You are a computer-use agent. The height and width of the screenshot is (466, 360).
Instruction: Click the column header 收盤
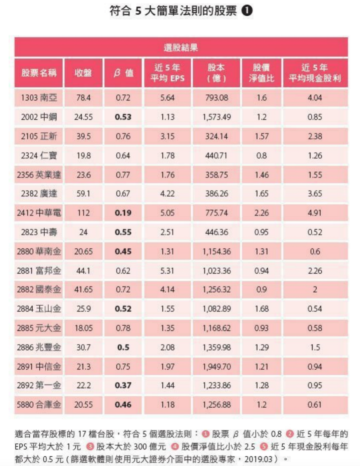click(83, 73)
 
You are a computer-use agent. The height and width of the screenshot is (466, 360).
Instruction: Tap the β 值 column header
click(123, 73)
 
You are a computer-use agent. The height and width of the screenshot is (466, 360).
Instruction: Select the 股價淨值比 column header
click(261, 73)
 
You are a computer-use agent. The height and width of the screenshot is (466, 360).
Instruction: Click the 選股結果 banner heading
click(181, 48)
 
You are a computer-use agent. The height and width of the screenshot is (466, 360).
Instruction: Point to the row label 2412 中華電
click(39, 213)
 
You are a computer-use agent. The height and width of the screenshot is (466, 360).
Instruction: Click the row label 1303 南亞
click(39, 98)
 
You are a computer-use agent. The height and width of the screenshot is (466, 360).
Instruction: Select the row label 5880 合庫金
click(39, 404)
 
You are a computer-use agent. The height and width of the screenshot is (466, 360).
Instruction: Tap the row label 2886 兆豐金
click(39, 347)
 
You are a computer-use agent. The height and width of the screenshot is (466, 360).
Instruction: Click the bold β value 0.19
click(123, 213)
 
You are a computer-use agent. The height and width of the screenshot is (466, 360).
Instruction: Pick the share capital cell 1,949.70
click(217, 366)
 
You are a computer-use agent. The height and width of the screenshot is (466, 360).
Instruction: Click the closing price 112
click(83, 213)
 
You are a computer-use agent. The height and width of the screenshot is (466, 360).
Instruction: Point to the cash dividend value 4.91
click(315, 213)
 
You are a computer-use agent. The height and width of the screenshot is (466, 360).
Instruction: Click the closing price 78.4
click(83, 98)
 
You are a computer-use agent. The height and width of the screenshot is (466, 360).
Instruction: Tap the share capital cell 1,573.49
click(217, 117)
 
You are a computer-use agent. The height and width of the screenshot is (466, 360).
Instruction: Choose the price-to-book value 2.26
click(261, 213)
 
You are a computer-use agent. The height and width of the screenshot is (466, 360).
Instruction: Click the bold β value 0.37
click(123, 385)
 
